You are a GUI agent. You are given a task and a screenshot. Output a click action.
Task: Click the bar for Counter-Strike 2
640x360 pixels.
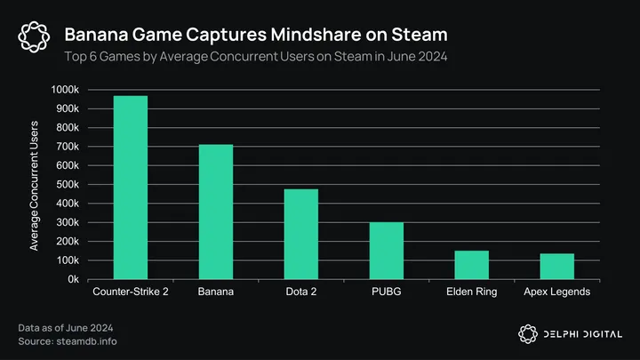pos(130,188)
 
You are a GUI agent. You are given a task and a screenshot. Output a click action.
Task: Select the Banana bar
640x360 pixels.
pos(216,212)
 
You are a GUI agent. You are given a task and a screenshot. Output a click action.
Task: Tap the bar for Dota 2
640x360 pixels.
pos(300,234)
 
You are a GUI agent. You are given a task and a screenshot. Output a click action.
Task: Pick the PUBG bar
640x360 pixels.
pos(387,251)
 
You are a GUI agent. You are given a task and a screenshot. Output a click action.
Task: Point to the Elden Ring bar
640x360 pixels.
pos(472,265)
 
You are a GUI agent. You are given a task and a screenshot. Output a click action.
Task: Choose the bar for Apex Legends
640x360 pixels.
pos(557,267)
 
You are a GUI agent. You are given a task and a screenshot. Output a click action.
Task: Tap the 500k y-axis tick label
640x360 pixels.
pos(70,185)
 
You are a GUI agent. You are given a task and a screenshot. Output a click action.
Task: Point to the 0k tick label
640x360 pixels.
pos(76,279)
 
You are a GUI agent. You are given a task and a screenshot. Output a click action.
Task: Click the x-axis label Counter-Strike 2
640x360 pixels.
pos(130,292)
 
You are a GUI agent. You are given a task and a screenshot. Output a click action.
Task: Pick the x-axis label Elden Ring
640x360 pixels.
pos(472,292)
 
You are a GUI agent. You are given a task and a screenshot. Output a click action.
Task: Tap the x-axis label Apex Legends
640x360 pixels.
pos(557,292)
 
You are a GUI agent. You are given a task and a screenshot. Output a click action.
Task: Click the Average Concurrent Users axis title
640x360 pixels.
pos(34,184)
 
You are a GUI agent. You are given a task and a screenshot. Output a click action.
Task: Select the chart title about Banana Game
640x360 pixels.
pos(256,34)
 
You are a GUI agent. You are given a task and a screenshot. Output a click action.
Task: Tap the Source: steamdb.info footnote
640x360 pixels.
pos(67,341)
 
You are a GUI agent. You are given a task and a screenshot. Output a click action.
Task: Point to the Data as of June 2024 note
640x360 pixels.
pos(67,328)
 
